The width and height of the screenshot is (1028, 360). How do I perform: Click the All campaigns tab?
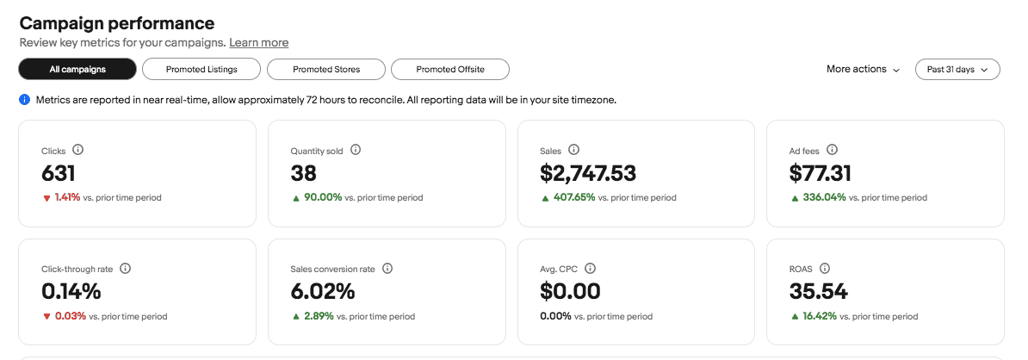point(77,69)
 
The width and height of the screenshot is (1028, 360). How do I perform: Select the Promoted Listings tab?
point(201,69)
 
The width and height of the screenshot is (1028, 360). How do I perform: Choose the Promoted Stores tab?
point(326,69)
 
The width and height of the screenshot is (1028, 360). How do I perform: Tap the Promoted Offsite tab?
point(450,69)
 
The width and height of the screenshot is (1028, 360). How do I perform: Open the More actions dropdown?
point(863,69)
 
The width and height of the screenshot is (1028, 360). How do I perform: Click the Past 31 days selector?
point(957,69)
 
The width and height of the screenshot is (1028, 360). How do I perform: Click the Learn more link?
point(258,42)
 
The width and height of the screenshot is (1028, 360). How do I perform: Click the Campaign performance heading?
point(117,23)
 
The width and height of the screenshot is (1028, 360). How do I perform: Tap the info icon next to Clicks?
point(78,150)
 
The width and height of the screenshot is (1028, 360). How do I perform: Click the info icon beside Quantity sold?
point(356,150)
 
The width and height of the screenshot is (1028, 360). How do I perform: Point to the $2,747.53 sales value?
point(588,173)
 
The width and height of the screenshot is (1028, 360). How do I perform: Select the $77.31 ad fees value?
point(820,173)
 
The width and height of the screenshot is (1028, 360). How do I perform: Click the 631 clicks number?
point(59,173)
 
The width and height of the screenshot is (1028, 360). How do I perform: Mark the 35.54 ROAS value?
point(818,291)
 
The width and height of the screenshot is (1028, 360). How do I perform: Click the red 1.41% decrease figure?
point(67,197)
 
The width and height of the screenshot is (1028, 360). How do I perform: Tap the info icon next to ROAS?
point(825,269)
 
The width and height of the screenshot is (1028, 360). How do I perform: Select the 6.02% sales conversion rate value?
point(322,291)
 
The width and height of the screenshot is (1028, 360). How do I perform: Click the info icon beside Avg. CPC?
point(590,269)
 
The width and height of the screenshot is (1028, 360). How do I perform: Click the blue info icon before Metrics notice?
point(25,100)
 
